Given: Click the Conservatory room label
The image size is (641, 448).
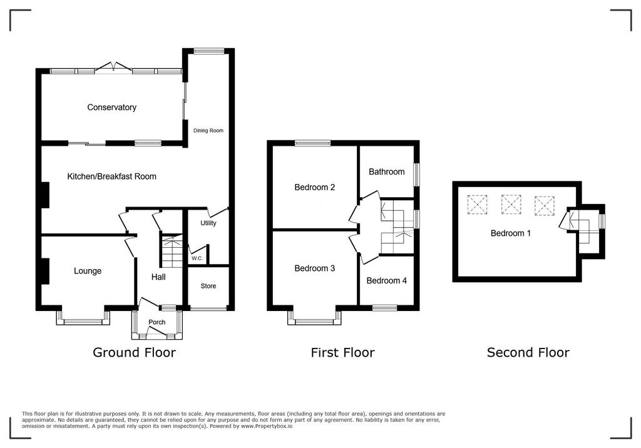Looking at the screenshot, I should pyautogui.click(x=111, y=108).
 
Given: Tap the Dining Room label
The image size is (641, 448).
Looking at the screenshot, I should pyautogui.click(x=208, y=131).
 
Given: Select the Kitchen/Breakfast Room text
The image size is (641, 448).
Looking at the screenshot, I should pyautogui.click(x=111, y=176).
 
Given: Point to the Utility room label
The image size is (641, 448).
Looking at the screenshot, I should pyautogui.click(x=208, y=223).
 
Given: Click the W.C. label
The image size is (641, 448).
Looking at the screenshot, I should pyautogui.click(x=197, y=258).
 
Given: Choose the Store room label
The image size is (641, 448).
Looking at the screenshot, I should pyautogui.click(x=208, y=286).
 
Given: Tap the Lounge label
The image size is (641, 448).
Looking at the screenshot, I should pyautogui.click(x=88, y=271).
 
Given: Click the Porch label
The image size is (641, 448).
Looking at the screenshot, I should pyautogui.click(x=156, y=323).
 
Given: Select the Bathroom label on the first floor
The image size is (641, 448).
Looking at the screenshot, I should pyautogui.click(x=386, y=171).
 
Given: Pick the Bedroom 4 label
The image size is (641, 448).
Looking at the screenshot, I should pyautogui.click(x=386, y=281).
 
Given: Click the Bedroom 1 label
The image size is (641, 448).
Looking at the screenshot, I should pyautogui.click(x=510, y=233).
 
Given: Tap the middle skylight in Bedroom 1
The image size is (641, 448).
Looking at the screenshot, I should pyautogui.click(x=511, y=203).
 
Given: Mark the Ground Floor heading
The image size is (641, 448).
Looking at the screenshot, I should pyautogui.click(x=134, y=352).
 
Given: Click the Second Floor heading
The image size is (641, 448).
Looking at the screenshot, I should pyautogui.click(x=528, y=352).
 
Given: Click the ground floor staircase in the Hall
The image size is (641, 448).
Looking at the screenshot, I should pyautogui.click(x=171, y=250).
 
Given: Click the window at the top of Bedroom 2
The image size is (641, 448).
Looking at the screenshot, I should pyautogui.click(x=312, y=143).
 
